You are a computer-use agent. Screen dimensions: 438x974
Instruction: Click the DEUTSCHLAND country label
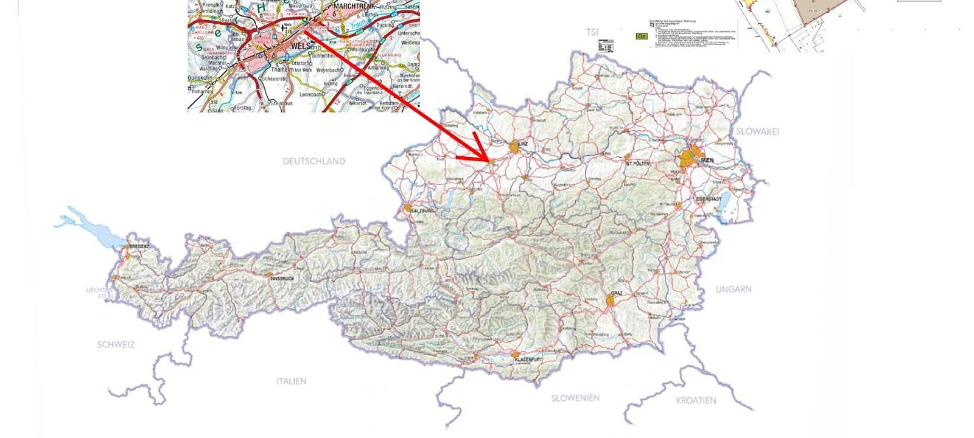click(314, 161)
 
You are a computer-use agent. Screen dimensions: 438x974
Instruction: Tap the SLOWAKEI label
click(757, 131)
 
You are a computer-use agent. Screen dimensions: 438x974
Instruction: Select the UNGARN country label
click(734, 289)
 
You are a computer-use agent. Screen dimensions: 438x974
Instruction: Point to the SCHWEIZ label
click(116, 344)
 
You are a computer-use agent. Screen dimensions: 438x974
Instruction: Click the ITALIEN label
click(291, 381)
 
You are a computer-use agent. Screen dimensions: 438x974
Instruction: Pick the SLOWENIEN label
click(575, 398)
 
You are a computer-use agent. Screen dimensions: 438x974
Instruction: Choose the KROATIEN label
click(696, 400)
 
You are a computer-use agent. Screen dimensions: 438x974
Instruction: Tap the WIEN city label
click(707, 160)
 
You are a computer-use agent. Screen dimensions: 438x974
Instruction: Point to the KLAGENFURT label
click(528, 360)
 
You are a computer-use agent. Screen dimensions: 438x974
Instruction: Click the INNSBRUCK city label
click(282, 279)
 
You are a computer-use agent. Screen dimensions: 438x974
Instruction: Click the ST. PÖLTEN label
click(637, 164)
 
